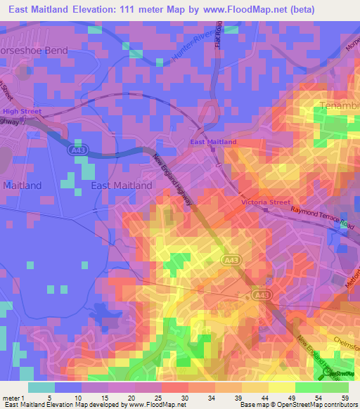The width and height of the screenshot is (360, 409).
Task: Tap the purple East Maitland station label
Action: [x=214, y=142]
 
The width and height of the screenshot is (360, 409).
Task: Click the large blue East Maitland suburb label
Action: [x=122, y=186]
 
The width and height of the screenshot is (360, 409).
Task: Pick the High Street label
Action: [x=22, y=111]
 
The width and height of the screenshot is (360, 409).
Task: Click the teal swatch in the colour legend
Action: [x=41, y=387]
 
